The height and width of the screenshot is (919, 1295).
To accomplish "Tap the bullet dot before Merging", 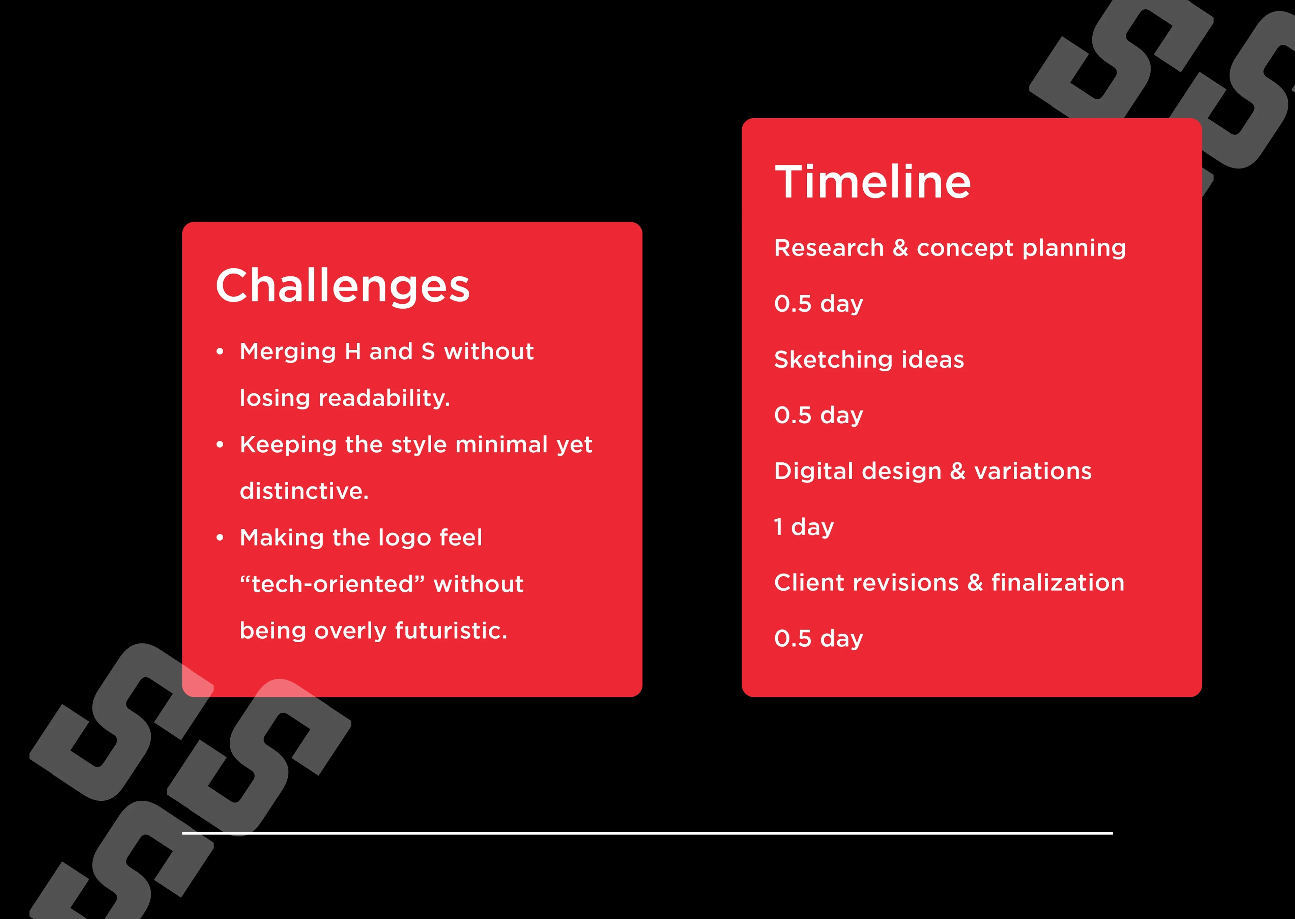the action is (220, 352).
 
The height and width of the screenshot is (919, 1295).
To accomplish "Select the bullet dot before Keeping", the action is (220, 445).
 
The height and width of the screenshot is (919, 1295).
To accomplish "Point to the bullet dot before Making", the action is (220, 538).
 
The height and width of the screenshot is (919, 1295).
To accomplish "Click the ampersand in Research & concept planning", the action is (900, 248).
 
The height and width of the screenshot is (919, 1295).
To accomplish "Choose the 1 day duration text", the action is (804, 527).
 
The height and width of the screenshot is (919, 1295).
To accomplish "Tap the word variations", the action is (1033, 471).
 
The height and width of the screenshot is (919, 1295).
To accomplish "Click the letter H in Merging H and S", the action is (353, 351).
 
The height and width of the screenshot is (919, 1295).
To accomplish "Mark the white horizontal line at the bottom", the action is (647, 833).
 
